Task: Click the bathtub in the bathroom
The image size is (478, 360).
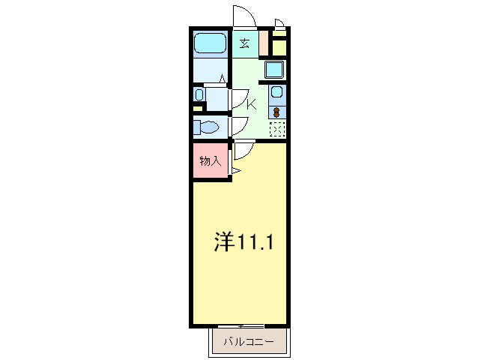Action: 211,43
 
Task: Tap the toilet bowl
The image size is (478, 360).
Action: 205,127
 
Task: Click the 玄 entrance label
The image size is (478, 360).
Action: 245,43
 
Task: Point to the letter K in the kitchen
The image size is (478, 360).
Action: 252,105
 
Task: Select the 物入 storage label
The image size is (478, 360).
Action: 210,161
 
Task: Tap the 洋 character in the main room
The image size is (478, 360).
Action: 223,241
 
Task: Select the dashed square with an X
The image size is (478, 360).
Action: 276,130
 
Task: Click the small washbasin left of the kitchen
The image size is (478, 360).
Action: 199,95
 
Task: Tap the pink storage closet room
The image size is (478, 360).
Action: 210,161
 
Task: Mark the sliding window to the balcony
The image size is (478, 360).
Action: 241,325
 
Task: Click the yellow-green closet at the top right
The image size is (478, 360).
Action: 279,47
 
